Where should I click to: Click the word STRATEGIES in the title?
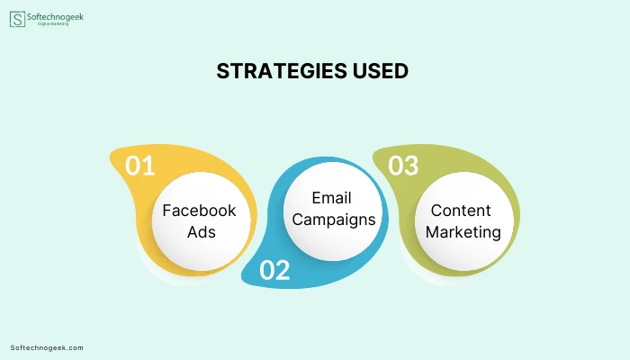point(282,71)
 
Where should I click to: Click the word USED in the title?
point(381,71)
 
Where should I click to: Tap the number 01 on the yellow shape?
point(139,166)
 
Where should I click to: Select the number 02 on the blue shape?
point(274,270)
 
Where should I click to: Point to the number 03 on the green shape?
point(403,166)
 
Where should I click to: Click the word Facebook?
point(199,211)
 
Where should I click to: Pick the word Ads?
point(202,232)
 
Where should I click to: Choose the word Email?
point(331,198)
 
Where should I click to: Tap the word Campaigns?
point(334,220)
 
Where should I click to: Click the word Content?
point(461,211)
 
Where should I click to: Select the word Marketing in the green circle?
point(463,232)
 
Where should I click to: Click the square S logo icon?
point(17,19)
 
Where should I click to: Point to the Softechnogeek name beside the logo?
point(56,17)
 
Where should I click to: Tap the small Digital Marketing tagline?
point(53,24)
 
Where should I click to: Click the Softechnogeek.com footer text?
point(47,348)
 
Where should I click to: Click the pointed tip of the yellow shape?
point(111,157)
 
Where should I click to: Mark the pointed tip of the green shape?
point(373,157)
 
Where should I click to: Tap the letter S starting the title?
point(223,71)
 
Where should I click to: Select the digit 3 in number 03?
point(411,166)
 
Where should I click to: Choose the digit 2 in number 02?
point(283,270)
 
